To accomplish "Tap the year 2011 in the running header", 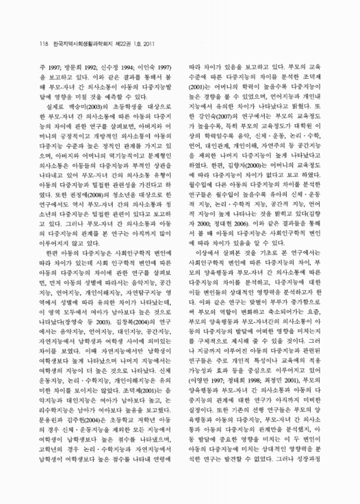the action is [x=151, y=43].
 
